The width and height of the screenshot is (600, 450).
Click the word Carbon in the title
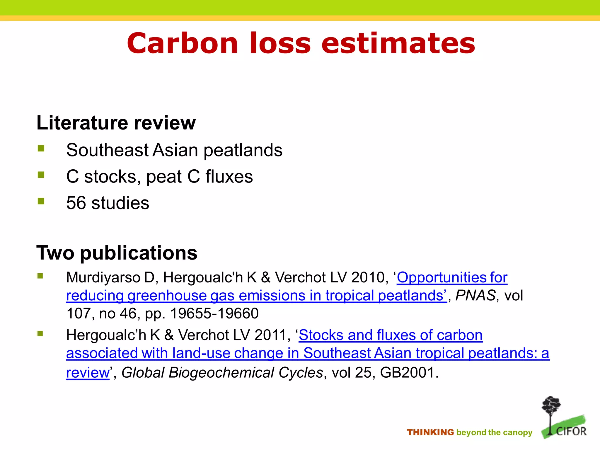click(x=182, y=43)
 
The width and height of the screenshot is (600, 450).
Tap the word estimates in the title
click(x=398, y=43)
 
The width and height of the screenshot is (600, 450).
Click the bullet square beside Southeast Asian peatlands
click(x=41, y=149)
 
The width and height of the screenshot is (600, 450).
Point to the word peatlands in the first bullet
click(x=243, y=150)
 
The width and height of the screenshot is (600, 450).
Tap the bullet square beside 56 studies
click(x=41, y=201)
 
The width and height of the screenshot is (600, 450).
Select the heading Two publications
click(x=117, y=253)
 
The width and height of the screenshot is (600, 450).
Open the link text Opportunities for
click(x=452, y=277)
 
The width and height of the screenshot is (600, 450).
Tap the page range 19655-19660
click(x=214, y=313)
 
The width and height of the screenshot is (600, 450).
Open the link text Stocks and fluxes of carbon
click(x=391, y=335)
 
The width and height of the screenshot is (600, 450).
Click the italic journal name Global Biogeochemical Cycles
click(x=222, y=373)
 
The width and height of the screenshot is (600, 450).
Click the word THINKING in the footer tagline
click(x=430, y=432)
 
